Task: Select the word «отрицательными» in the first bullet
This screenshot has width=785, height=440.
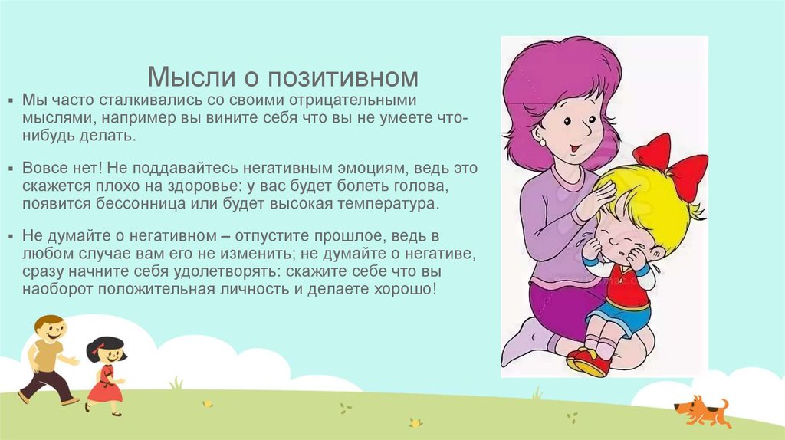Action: click(350, 100)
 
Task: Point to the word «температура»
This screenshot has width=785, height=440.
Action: click(386, 205)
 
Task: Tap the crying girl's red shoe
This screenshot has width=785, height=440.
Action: click(590, 360)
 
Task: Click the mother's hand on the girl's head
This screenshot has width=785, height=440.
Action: click(594, 201)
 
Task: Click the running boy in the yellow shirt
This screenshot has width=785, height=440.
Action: click(48, 356)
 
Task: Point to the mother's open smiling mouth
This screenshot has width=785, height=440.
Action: click(573, 146)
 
